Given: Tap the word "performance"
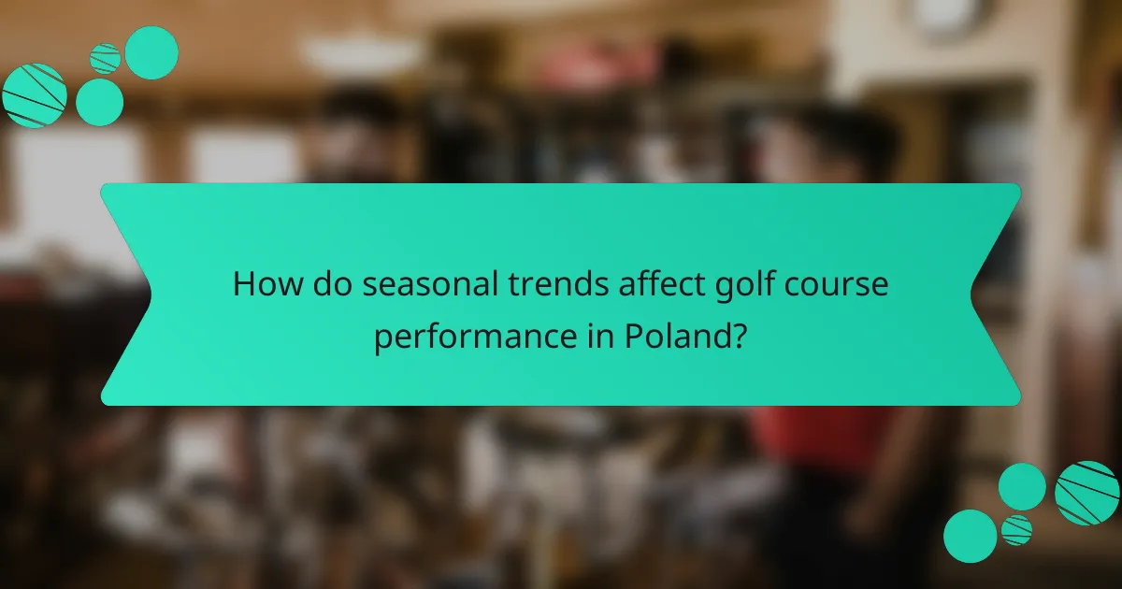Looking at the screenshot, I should [471, 335].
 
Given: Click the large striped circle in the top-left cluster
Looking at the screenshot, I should [34, 94].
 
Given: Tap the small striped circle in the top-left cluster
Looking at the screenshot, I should [105, 58].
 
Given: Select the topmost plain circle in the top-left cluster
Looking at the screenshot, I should [151, 52].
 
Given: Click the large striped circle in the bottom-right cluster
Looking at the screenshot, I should [1087, 493].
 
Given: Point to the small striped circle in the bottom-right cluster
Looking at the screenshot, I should [1016, 529].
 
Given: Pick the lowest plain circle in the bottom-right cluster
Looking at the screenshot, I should [970, 536].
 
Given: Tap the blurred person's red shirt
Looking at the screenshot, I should [823, 439].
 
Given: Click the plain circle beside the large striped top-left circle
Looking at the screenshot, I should [99, 102].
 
